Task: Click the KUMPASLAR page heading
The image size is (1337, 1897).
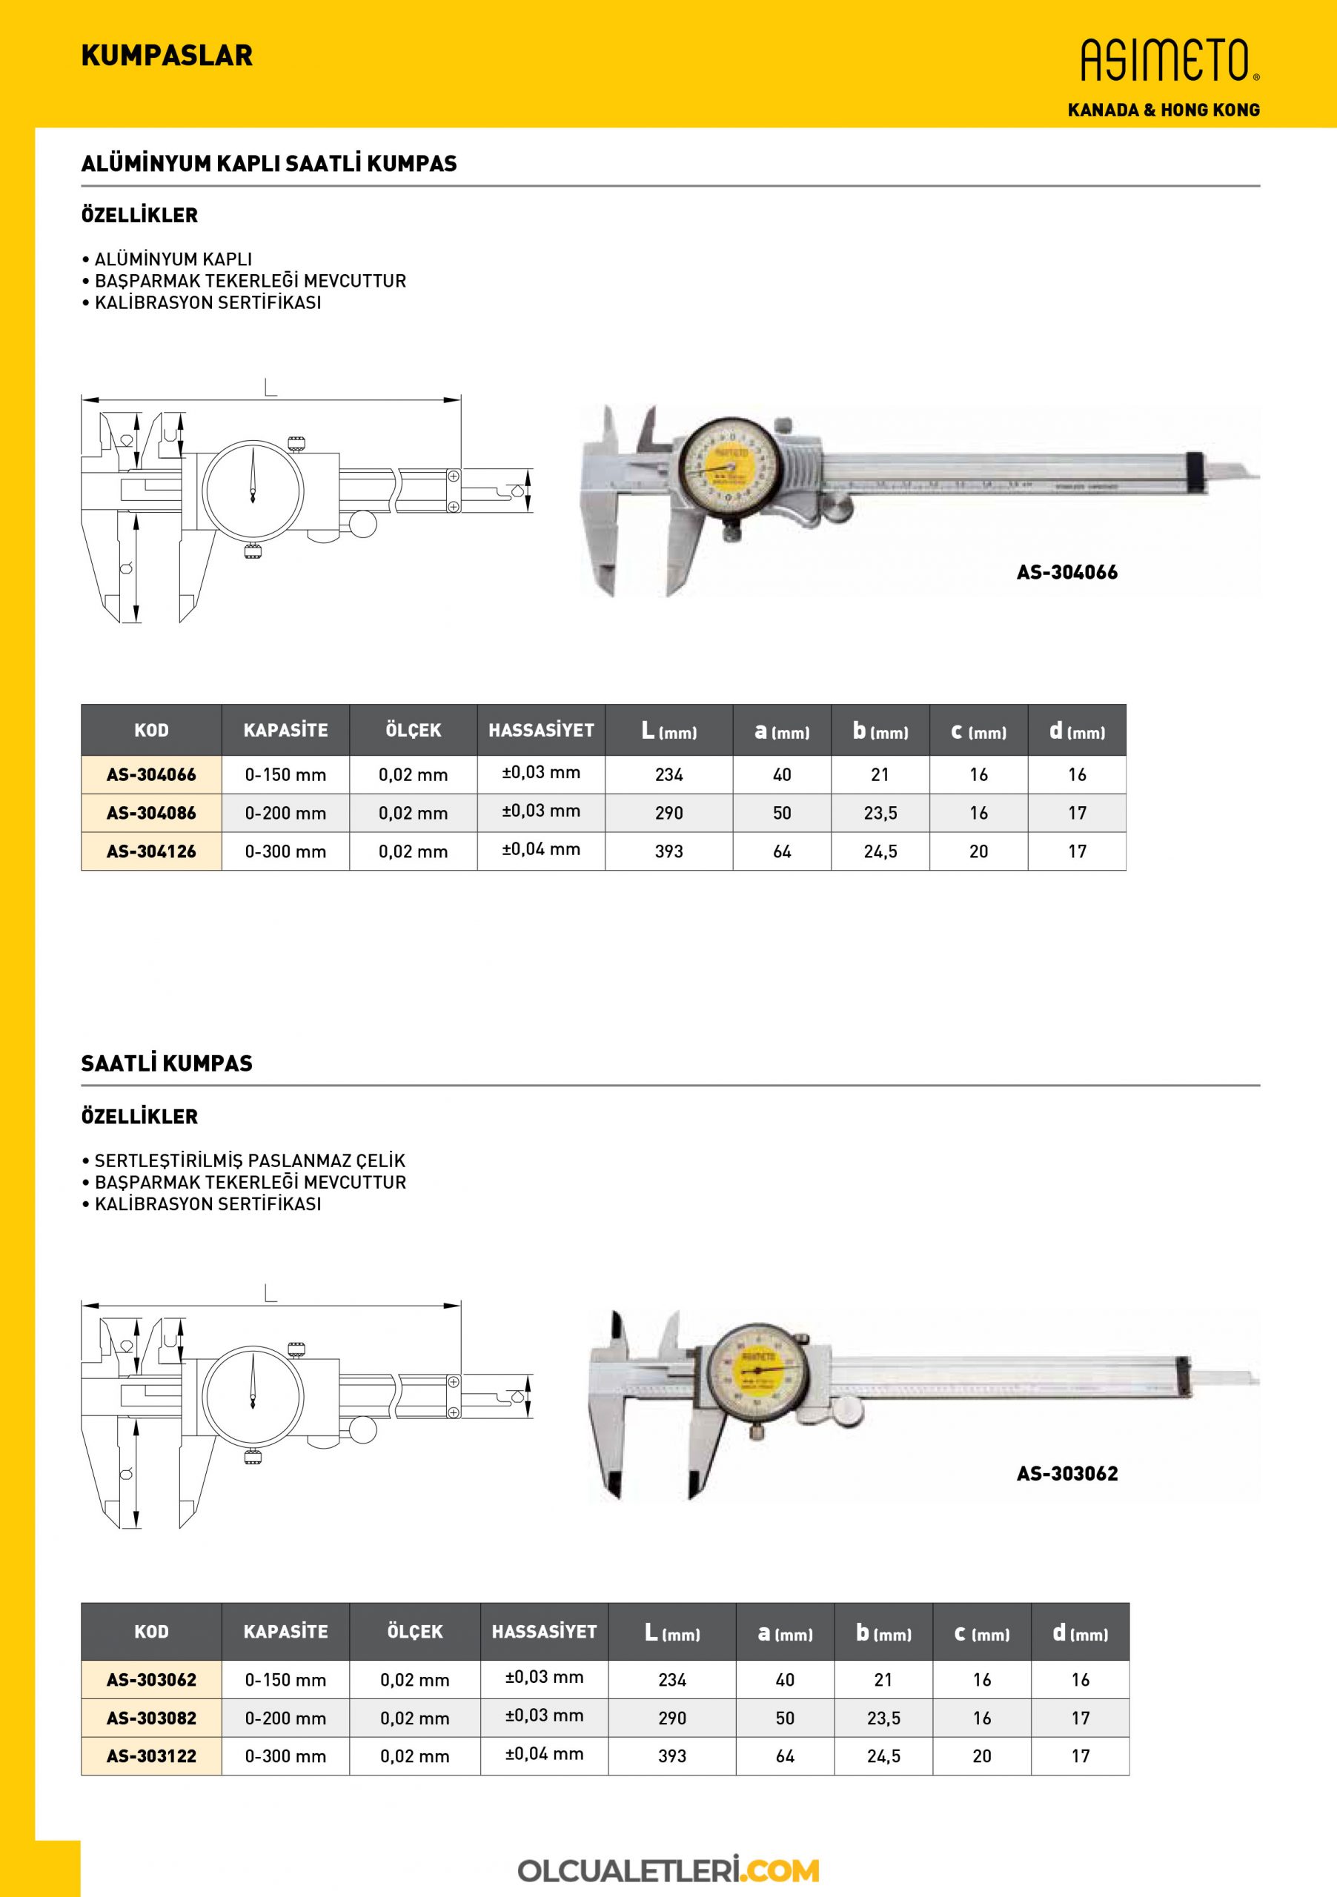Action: coord(167,56)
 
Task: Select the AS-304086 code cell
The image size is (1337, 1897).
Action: coord(151,813)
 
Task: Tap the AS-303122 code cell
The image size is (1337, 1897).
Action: coord(151,1755)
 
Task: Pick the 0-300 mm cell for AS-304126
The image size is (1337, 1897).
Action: coord(285,851)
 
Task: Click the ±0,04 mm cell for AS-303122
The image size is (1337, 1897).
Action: coord(544,1753)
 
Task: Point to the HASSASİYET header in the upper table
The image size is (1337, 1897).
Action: coord(540,731)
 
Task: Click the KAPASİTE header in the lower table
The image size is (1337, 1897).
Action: coord(285,1632)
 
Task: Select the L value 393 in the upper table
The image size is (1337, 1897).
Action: coord(668,851)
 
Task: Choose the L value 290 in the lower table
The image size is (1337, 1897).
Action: coord(671,1718)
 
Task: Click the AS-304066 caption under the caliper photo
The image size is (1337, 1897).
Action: coord(1066,572)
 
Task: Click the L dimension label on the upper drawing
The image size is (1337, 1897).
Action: coord(271,387)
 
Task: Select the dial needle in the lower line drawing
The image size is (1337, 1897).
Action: coord(252,1382)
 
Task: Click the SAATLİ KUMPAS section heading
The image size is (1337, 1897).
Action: coord(167,1064)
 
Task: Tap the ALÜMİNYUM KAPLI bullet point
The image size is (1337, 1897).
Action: coord(173,259)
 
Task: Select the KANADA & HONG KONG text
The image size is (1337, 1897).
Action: coord(1163,110)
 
